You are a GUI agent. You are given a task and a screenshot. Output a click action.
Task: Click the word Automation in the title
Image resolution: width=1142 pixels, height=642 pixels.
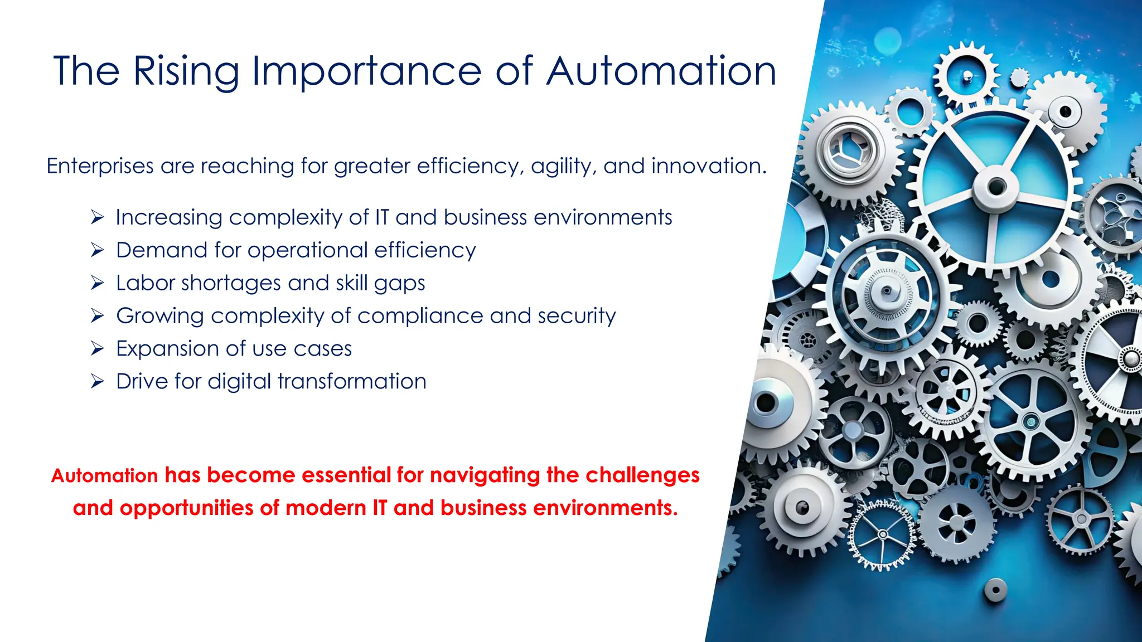coord(661,71)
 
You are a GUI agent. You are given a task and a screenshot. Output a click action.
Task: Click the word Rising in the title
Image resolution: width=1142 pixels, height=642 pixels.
coord(186,71)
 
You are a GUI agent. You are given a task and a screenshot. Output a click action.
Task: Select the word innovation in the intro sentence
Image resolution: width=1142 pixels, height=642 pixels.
coord(708,166)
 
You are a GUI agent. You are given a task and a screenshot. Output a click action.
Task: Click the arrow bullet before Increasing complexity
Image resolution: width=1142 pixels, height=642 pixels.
coord(98,217)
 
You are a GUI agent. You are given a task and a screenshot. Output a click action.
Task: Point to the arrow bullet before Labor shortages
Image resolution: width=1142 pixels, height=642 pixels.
coord(98,283)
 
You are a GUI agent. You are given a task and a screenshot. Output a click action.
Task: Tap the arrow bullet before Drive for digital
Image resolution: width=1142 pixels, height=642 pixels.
coord(98,382)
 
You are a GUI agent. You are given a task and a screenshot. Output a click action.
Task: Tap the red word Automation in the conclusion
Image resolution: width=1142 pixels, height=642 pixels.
coord(105,475)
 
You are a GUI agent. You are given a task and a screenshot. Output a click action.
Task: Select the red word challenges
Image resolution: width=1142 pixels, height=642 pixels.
coord(642,475)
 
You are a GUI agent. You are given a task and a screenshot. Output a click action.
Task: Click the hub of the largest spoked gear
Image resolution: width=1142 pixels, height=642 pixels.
coord(996,187)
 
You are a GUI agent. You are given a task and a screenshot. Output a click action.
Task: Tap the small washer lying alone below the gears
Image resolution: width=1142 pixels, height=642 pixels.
coord(995,589)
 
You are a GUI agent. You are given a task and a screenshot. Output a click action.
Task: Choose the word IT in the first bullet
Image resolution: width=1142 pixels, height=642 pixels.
coord(382,217)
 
